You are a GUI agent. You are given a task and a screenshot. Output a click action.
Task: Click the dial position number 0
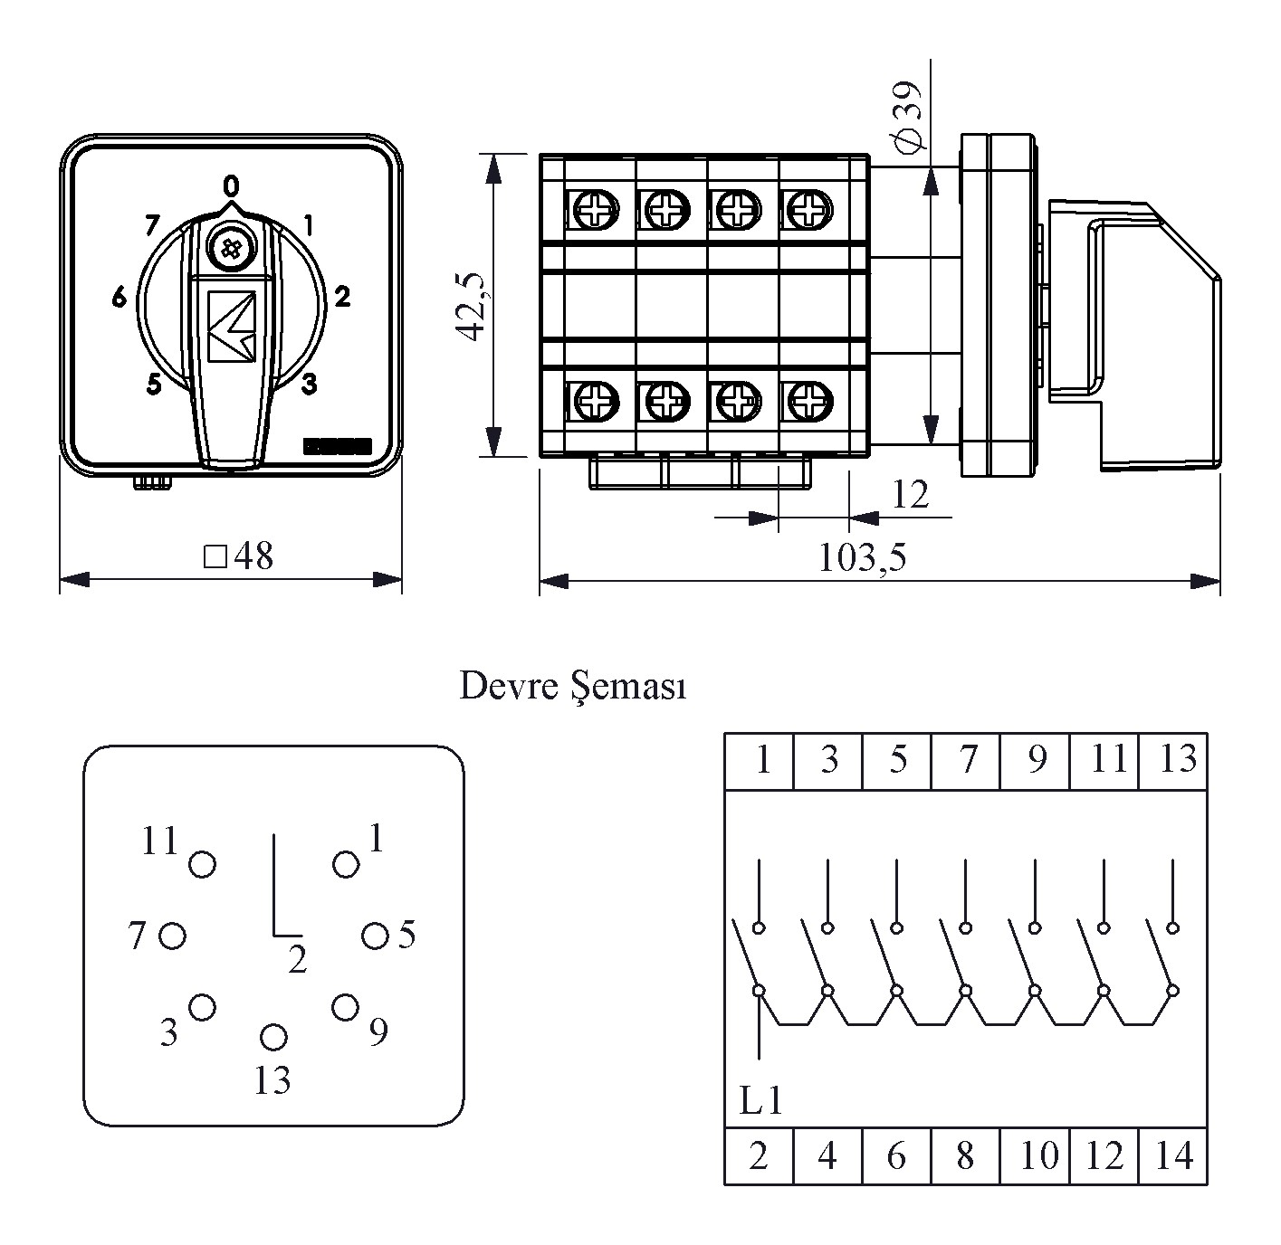pos(232,186)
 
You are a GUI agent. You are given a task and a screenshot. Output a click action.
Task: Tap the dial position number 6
pos(119,297)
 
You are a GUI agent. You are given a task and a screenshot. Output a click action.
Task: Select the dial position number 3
pos(309,385)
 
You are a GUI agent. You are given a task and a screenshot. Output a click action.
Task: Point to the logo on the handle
pos(231,326)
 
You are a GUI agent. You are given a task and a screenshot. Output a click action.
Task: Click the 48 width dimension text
pos(240,556)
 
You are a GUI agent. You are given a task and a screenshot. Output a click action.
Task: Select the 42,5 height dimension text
pos(473,307)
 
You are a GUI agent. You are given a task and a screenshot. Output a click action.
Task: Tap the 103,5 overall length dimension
pos(862,558)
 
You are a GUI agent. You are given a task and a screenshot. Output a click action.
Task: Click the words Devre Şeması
pos(573,687)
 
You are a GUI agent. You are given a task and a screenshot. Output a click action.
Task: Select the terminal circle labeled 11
pos(202,864)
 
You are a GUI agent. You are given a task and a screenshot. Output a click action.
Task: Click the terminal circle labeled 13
pos(273,1037)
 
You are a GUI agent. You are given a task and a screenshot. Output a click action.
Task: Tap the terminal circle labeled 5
pos(375,936)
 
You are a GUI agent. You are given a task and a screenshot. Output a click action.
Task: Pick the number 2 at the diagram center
pos(298,959)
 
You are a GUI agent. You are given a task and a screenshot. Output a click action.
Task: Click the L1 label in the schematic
pos(760,1100)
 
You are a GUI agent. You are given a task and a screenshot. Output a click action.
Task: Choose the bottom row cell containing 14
pos(1173,1156)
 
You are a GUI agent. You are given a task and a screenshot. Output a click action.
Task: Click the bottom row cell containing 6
pos(896,1156)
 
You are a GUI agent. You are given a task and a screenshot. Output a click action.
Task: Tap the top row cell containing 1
pos(760,760)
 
